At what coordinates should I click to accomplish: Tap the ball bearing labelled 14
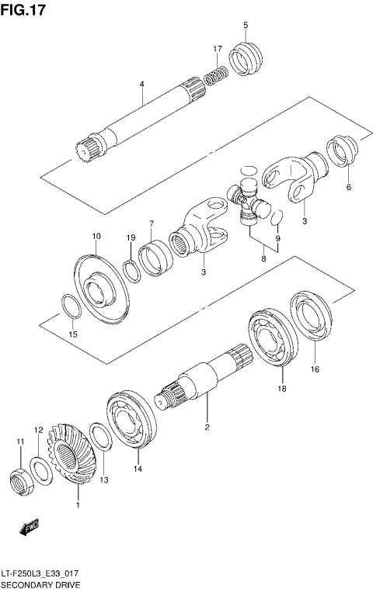click(x=132, y=422)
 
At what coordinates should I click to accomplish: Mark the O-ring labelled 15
click(x=70, y=307)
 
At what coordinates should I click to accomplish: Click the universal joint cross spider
click(x=248, y=199)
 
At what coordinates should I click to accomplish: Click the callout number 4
click(x=141, y=84)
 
